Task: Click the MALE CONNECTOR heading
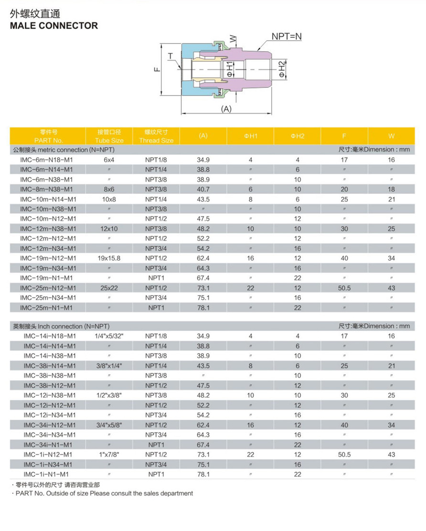click(54, 26)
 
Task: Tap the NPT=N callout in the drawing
click(287, 36)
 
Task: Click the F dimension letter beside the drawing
click(157, 69)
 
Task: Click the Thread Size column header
click(156, 136)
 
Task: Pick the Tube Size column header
click(109, 136)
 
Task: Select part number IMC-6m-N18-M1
click(47, 159)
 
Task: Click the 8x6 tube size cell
click(109, 189)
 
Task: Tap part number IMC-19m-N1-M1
click(47, 278)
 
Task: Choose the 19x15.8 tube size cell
click(109, 258)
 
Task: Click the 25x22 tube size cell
click(109, 288)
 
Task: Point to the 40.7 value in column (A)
click(203, 189)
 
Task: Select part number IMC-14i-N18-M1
click(50, 336)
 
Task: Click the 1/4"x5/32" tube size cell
click(109, 336)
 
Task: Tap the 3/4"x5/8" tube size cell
click(109, 425)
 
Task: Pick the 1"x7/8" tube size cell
click(109, 455)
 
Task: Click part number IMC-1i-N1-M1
click(47, 475)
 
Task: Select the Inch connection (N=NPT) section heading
click(60, 326)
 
